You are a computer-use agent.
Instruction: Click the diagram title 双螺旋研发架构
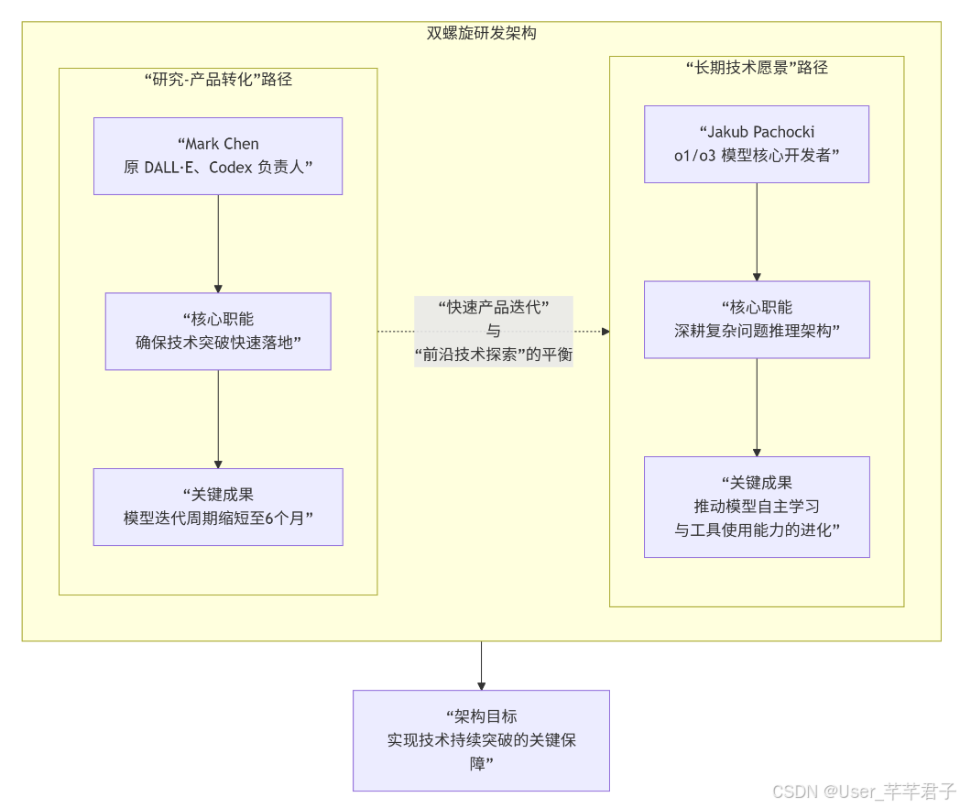(481, 33)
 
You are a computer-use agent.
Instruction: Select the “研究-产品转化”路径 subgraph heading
(218, 80)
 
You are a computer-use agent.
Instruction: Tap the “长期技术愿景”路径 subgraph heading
(757, 68)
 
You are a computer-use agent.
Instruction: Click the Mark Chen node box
(218, 156)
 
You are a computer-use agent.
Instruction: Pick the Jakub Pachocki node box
(757, 144)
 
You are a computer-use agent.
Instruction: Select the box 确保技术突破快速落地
(218, 331)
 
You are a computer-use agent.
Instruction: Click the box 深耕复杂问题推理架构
(757, 319)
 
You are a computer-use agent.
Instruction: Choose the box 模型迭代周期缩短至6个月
(218, 507)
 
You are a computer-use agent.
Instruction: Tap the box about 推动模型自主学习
(757, 507)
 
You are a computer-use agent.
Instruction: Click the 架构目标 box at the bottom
(481, 740)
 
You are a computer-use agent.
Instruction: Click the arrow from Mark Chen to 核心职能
(218, 244)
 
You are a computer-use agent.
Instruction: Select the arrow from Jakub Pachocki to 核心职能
(757, 232)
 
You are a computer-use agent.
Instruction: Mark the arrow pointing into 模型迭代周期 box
(218, 420)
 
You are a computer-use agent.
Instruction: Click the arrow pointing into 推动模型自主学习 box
(757, 408)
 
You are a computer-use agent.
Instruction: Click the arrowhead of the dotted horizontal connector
(605, 331)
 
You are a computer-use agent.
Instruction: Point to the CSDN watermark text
(864, 791)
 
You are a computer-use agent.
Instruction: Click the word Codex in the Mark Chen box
(237, 168)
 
